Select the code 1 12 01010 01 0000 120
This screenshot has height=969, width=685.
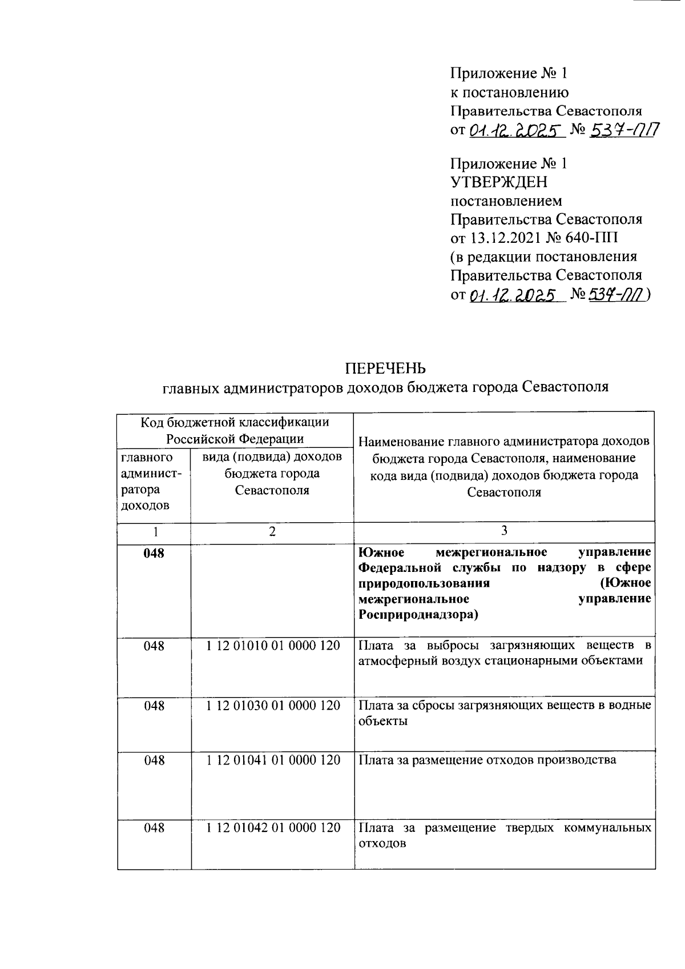click(x=273, y=646)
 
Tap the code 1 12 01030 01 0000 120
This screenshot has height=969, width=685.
click(x=273, y=706)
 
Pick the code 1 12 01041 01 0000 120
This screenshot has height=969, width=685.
click(x=273, y=760)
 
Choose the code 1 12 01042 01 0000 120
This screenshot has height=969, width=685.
click(x=273, y=827)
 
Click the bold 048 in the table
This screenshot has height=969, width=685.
click(x=154, y=553)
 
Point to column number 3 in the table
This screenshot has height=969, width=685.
click(x=504, y=531)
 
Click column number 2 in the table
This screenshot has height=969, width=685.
click(x=272, y=531)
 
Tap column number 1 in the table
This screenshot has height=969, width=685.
click(x=154, y=531)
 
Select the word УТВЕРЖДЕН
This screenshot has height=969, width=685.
click(x=499, y=182)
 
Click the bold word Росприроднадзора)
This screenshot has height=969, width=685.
click(x=418, y=615)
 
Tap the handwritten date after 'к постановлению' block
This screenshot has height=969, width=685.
click(x=517, y=131)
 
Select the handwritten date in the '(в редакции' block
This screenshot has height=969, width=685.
click(x=513, y=295)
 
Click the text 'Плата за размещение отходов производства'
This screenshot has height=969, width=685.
click(x=487, y=760)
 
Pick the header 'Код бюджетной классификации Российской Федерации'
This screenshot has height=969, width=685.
click(x=235, y=430)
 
